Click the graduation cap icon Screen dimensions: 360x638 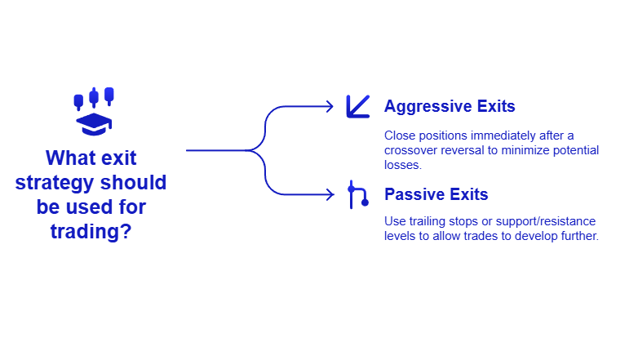pyautogui.click(x=93, y=124)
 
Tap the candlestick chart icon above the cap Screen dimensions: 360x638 pyautogui.click(x=93, y=98)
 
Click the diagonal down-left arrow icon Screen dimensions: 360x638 pyautogui.click(x=357, y=106)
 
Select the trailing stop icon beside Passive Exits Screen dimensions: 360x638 pyautogui.click(x=357, y=194)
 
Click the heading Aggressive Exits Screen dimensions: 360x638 pyautogui.click(x=449, y=106)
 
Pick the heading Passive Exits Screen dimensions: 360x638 pyautogui.click(x=436, y=194)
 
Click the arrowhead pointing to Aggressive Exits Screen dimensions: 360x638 pyautogui.click(x=329, y=106)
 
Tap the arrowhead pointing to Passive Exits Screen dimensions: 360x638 pyautogui.click(x=329, y=194)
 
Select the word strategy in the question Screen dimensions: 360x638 pyautogui.click(x=55, y=182)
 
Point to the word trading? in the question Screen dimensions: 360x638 pyautogui.click(x=91, y=231)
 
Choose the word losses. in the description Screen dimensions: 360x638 pyautogui.click(x=403, y=165)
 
